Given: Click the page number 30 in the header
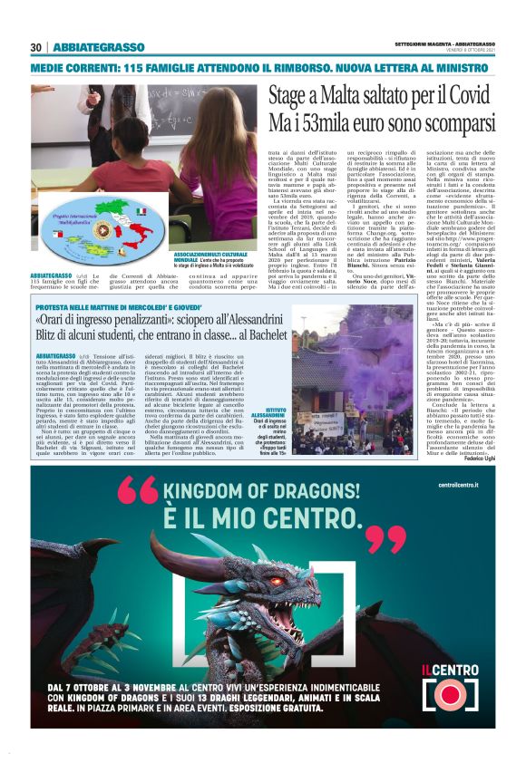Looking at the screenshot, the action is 36,47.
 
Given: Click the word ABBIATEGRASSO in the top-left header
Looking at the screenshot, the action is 99,47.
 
